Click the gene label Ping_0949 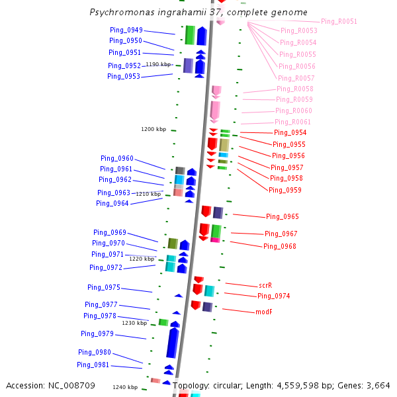126,30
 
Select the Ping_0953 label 124,76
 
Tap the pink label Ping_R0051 339,22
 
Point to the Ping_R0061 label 293,122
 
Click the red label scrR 265,285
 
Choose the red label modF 264,312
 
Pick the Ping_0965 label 282,216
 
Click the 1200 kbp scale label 154,129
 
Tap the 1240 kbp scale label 125,387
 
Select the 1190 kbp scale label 158,64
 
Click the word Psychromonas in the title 120,13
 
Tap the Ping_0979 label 97,333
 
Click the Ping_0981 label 93,365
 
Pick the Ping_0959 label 285,190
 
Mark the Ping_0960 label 117,158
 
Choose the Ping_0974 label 274,296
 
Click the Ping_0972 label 106,267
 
